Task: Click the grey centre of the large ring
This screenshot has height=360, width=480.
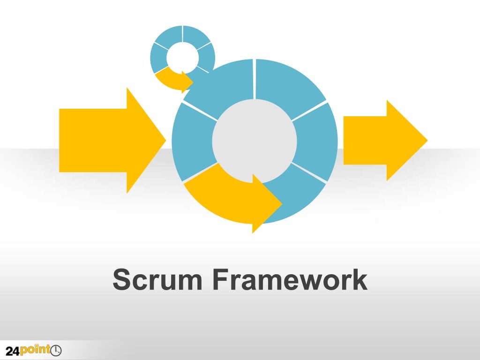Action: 254,141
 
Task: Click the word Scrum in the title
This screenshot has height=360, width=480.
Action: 157,280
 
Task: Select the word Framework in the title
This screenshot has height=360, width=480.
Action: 289,280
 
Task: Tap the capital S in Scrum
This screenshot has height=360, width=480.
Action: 121,280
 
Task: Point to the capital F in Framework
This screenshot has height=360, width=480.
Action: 220,280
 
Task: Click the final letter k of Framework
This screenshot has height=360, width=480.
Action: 359,280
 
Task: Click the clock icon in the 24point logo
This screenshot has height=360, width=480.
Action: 55,350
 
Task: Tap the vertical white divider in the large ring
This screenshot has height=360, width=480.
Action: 254,79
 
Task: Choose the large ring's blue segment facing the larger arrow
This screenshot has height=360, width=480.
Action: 192,141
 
